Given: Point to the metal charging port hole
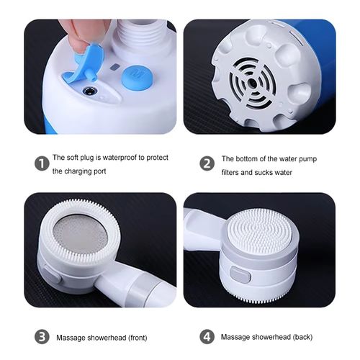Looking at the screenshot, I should click(x=89, y=91).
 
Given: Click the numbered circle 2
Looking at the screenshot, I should click(x=207, y=163).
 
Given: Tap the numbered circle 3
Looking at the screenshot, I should click(x=42, y=336).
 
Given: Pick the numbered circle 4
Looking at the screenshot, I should click(x=207, y=336).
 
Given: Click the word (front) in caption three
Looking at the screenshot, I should click(x=124, y=336).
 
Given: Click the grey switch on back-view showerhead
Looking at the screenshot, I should click(x=240, y=275).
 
